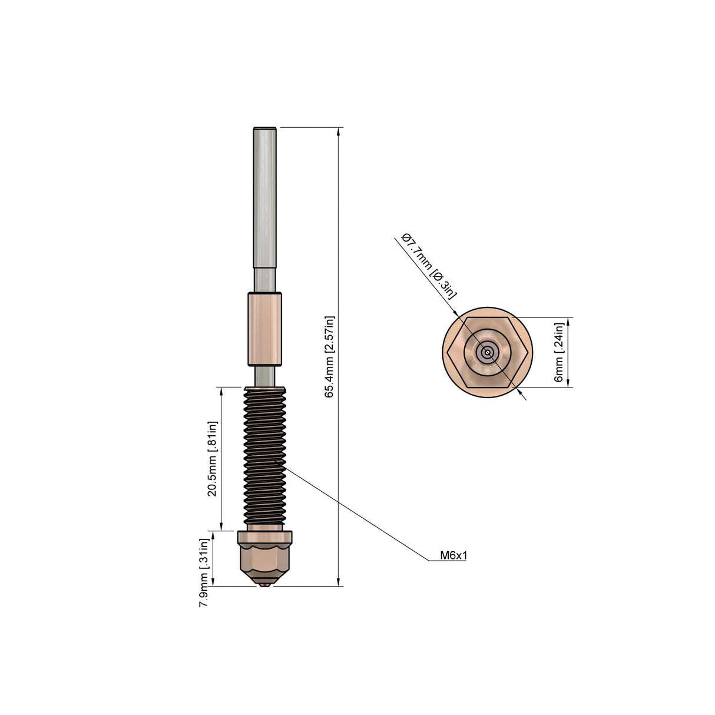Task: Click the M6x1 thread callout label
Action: (453, 555)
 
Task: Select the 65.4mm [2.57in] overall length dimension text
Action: (330, 357)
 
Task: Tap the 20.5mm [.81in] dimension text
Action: (213, 459)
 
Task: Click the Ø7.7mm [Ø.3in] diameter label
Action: (428, 266)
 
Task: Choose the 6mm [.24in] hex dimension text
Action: (559, 352)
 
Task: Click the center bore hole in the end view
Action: (487, 352)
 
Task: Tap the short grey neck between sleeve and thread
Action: (264, 375)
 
